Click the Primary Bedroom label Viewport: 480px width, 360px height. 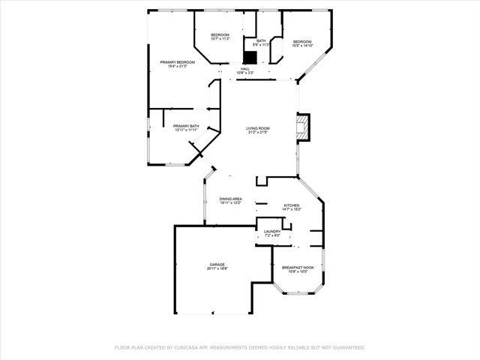pos(178,61)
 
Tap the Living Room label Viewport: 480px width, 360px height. pos(258,128)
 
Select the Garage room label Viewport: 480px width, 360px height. pos(217,264)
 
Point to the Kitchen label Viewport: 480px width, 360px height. pos(291,205)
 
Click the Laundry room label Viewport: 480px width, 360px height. pos(272,232)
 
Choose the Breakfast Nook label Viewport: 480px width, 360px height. pos(298,268)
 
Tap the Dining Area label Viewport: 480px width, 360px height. pos(230,199)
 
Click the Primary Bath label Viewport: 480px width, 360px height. pos(186,126)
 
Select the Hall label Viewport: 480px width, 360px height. pos(245,69)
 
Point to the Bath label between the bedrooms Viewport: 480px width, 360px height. pos(261,40)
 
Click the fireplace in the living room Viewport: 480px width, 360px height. pos(303,127)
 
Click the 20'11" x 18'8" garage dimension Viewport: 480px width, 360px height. pos(217,268)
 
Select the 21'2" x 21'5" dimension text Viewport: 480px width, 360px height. pos(258,133)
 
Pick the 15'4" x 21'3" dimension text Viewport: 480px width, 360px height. pos(178,66)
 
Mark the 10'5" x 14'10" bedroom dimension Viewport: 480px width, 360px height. pos(302,45)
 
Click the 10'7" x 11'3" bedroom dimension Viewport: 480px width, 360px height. pos(220,40)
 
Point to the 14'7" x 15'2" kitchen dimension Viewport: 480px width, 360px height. pos(291,209)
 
